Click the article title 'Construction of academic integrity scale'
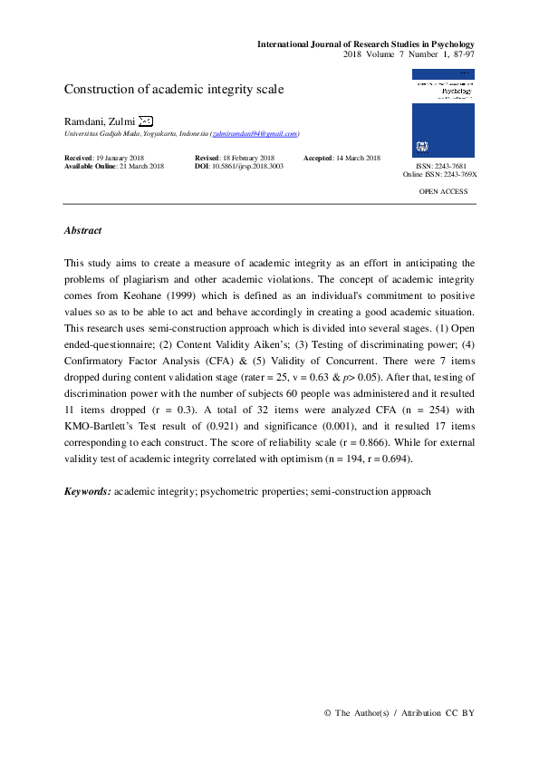173,90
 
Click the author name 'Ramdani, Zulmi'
99,121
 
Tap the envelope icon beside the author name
146,121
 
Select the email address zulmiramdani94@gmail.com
255,134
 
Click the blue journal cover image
443,115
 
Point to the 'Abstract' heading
82,231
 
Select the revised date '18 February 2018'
247,159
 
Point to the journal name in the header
366,44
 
